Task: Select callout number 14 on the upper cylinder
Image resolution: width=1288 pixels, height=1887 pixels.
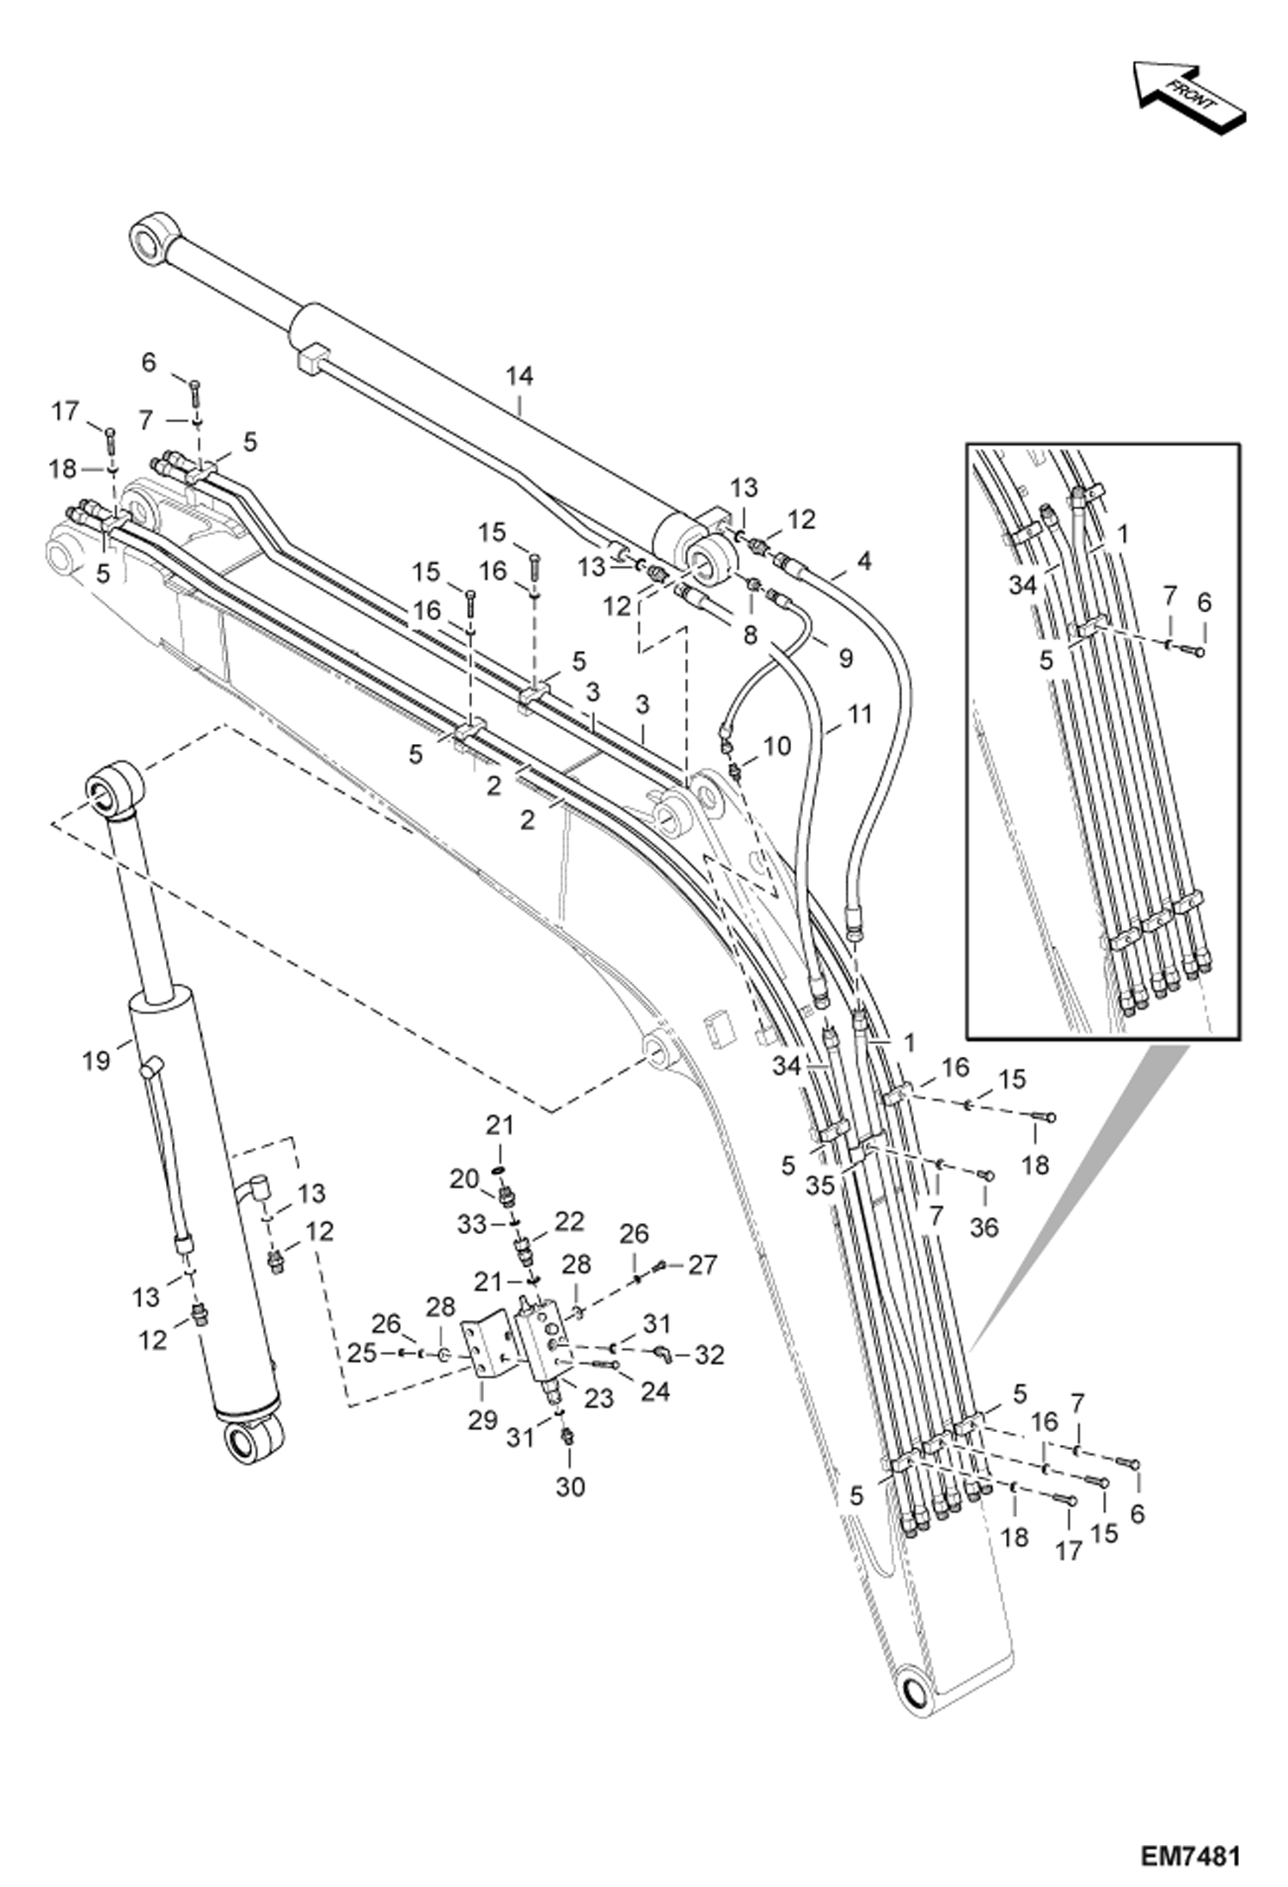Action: coord(519,376)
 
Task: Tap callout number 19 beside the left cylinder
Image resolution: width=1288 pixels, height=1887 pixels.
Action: coord(96,1060)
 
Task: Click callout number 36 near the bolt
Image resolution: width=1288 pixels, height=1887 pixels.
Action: coord(984,1227)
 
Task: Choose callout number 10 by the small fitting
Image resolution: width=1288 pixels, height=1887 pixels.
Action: coord(776,746)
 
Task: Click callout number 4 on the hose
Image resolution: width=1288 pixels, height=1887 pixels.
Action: coord(863,562)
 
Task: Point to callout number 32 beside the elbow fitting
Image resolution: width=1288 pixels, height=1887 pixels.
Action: coord(709,1355)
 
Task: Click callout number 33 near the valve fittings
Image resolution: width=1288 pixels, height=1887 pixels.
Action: coord(472,1224)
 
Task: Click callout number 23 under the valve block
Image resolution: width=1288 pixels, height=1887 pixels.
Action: coord(598,1398)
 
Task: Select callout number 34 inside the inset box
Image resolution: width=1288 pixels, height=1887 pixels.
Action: coord(1023,586)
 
